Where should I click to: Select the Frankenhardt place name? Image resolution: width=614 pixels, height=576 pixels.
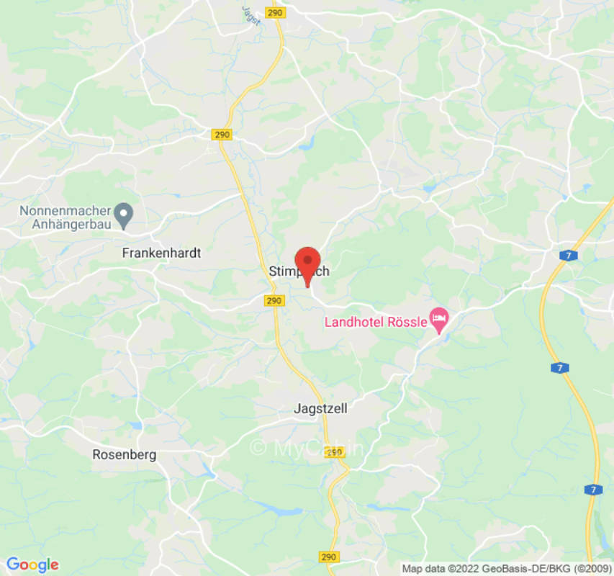161,253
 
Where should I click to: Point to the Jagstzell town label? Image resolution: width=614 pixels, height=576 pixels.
320,408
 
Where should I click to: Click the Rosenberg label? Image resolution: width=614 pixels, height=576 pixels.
124,454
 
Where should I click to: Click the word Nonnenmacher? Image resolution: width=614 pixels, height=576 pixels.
65,211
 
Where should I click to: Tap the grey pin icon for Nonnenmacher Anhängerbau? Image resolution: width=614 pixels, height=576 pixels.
125,214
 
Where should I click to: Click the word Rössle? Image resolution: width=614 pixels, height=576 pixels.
408,322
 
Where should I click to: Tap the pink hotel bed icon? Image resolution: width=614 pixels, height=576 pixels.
438,318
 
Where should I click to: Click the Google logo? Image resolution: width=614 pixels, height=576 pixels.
32,564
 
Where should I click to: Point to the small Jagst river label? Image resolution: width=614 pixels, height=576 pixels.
249,9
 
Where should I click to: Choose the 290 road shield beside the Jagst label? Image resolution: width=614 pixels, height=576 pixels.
274,13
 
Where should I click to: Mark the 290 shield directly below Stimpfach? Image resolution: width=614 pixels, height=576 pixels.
273,300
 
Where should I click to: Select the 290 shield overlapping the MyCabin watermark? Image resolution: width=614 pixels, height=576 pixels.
333,452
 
